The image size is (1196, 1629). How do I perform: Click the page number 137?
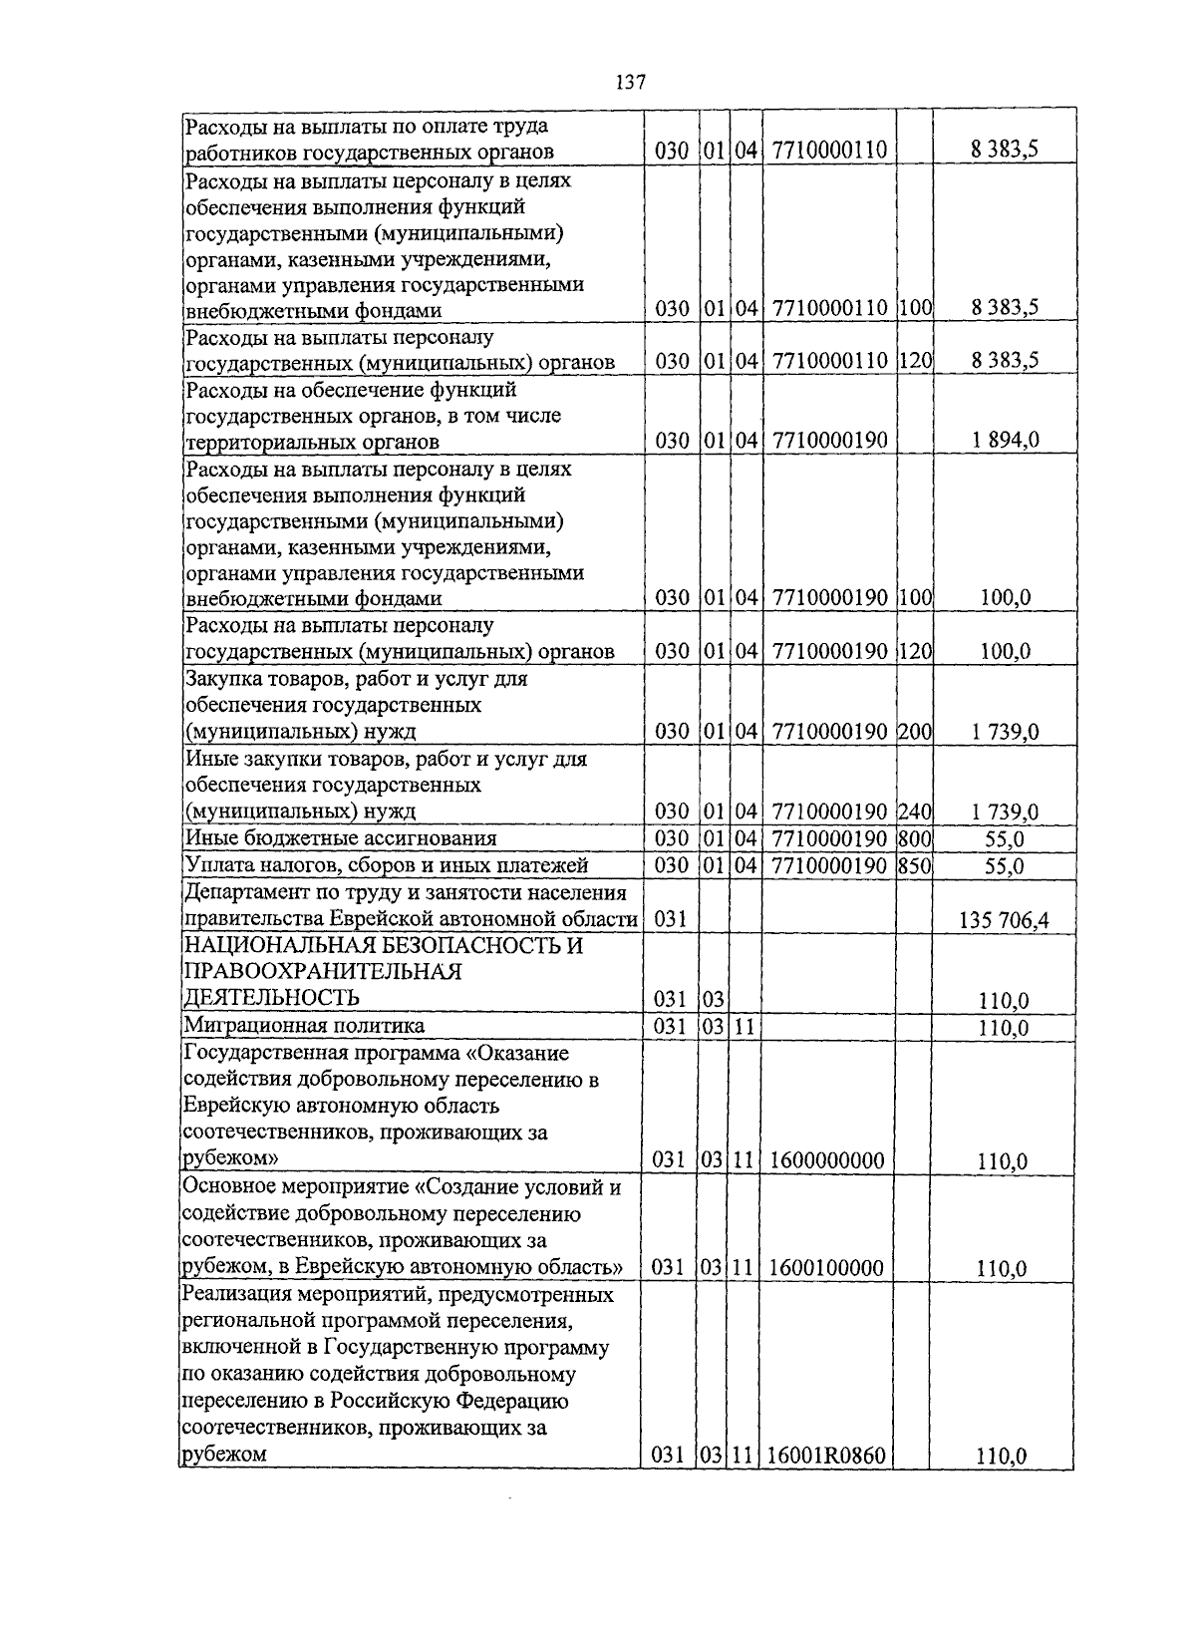(x=632, y=82)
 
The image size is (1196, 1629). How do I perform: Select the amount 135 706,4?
(x=1004, y=920)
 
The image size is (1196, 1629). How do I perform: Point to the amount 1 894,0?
(x=1005, y=440)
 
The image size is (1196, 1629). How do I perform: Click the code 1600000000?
(x=826, y=1159)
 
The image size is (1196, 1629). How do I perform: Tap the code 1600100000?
(x=826, y=1268)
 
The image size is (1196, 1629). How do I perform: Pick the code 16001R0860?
(x=826, y=1456)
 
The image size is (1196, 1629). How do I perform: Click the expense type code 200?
(x=915, y=732)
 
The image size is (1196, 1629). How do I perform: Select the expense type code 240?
(x=915, y=812)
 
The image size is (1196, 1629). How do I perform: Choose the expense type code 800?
(x=915, y=838)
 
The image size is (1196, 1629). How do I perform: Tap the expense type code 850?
(x=915, y=865)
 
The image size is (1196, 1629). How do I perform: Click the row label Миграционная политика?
(x=304, y=1026)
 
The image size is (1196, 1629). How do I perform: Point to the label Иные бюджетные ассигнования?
(x=341, y=838)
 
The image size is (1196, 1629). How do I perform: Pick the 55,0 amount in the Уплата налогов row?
(x=1004, y=866)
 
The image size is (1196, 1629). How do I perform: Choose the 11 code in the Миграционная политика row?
(x=743, y=1026)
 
